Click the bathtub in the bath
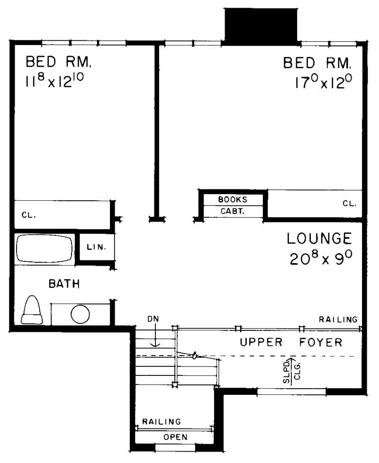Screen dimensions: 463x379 coord(45,249)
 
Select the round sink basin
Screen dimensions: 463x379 coord(81,314)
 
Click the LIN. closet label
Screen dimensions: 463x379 coord(95,247)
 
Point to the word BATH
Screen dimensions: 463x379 coord(64,284)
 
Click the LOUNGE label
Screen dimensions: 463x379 coord(319,238)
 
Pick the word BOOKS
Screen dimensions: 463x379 coord(232,200)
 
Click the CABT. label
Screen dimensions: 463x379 coord(232,212)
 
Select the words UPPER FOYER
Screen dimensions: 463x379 coord(291,342)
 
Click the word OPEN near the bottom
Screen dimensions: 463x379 coord(175,437)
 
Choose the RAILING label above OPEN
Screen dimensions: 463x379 coord(162,421)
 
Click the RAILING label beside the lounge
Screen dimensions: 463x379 coord(338,320)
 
